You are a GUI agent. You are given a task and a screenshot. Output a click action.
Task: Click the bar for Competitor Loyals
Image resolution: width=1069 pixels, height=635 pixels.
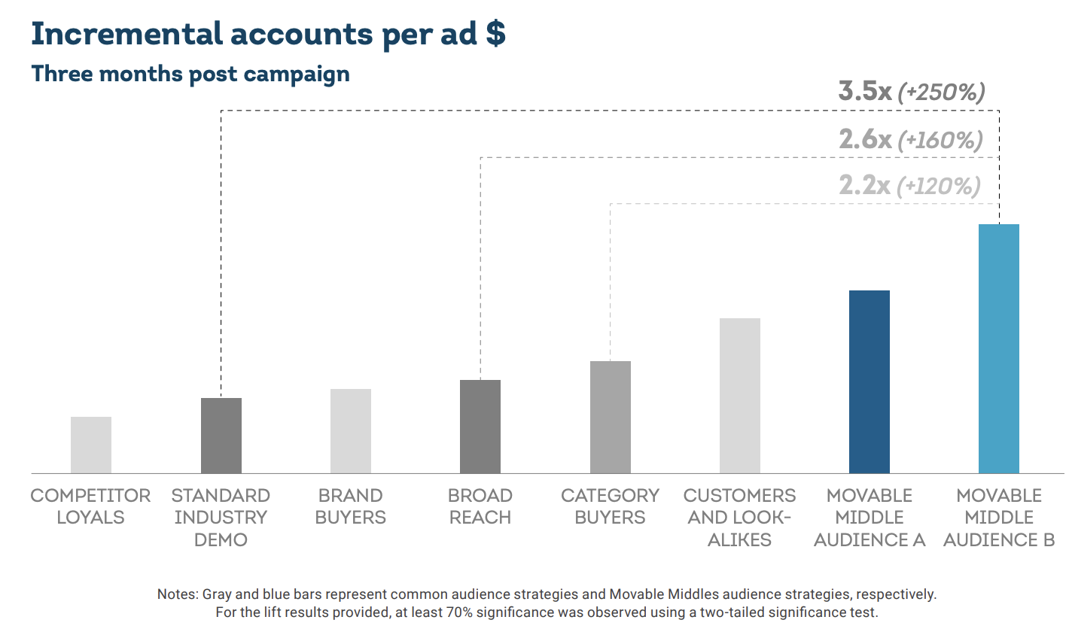tap(91, 445)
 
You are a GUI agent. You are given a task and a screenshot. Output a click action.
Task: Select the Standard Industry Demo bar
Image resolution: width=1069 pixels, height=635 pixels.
tap(221, 436)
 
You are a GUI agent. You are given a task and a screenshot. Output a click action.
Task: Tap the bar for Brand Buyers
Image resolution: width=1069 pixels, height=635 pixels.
tap(351, 431)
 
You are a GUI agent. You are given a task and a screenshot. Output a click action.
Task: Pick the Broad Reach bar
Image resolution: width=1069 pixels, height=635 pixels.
tap(480, 427)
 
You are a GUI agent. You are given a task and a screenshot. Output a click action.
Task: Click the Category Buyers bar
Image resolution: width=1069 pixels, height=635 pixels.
tap(611, 417)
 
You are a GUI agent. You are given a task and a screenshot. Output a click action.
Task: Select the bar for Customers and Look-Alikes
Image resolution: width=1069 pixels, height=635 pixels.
tap(740, 396)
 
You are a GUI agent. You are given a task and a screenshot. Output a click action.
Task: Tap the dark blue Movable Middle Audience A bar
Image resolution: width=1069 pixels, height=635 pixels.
tap(870, 381)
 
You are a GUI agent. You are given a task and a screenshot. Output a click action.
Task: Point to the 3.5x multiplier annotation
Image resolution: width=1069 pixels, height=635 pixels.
tap(865, 91)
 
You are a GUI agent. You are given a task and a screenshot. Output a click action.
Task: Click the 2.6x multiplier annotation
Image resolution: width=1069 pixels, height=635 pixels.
tap(865, 139)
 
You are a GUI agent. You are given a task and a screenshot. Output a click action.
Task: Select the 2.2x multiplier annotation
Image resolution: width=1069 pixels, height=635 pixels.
tap(864, 185)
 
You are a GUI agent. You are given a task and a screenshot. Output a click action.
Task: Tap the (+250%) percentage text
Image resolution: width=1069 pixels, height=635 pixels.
tap(941, 93)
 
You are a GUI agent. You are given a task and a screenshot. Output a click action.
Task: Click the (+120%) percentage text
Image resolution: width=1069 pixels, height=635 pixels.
tap(939, 186)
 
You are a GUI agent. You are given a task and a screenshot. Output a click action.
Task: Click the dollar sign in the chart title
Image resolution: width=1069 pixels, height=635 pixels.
tap(495, 35)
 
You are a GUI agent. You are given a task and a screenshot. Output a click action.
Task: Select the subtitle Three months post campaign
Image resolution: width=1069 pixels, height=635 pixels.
tap(190, 74)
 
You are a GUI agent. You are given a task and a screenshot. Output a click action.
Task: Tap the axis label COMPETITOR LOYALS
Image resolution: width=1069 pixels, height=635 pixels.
tap(90, 506)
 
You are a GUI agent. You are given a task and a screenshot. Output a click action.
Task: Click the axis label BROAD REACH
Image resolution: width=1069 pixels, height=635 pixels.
tap(480, 506)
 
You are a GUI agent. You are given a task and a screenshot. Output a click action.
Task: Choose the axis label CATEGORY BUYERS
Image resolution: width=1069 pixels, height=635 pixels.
tap(611, 506)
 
